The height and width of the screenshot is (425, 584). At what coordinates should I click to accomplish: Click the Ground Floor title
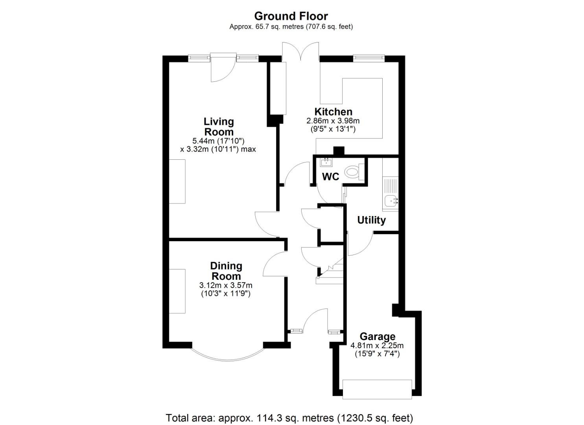point(291,16)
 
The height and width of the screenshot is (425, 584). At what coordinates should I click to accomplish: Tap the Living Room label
point(218,126)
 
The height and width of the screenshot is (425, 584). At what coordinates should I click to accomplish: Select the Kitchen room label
point(333,112)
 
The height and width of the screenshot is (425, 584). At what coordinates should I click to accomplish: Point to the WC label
point(330,177)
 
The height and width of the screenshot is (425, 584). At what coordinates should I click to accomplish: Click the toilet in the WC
point(353,172)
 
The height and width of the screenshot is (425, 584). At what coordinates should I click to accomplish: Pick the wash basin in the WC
point(326,162)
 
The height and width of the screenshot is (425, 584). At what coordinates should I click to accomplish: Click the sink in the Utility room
point(391,201)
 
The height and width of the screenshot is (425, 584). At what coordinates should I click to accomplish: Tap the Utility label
point(371,220)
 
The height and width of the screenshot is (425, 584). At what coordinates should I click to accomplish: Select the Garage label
point(377,336)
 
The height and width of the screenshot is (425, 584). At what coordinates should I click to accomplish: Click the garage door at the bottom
point(377,389)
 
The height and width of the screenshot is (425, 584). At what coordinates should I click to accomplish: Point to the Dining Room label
point(226,271)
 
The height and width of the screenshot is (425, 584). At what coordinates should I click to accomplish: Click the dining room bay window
point(227,356)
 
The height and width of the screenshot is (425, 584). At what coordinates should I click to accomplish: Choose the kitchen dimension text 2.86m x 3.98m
point(333,121)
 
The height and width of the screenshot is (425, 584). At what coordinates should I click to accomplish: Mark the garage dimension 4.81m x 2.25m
point(377,346)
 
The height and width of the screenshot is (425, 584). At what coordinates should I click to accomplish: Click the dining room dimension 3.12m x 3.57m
point(226,285)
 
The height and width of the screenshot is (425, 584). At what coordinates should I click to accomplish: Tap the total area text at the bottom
point(289,418)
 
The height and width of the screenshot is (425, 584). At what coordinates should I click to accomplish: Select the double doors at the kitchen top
point(301,51)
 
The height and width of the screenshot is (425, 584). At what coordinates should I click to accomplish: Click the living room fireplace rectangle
point(177,181)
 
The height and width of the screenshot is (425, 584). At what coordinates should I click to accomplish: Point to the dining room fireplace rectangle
point(177,291)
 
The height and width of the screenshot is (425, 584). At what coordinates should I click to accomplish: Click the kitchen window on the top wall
point(368,58)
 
